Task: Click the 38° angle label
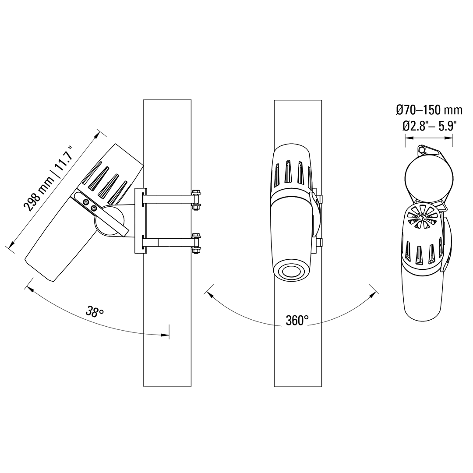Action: (95, 311)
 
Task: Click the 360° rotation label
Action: (297, 320)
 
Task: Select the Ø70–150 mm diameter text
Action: (429, 110)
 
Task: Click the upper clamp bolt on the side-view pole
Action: (196, 199)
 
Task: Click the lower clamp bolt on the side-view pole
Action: (196, 243)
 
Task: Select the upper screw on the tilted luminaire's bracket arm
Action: (87, 202)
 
